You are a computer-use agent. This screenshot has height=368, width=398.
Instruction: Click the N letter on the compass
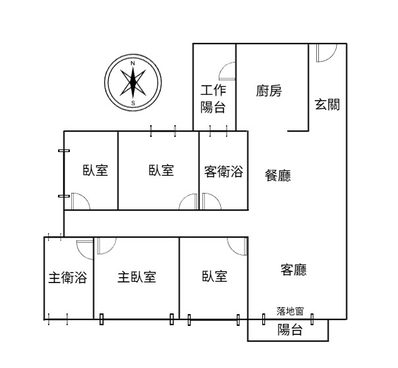click(132, 63)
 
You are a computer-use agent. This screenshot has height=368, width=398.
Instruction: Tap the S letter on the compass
click(133, 103)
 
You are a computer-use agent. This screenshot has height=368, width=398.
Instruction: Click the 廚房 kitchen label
click(269, 91)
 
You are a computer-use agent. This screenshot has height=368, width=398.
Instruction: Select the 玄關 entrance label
click(327, 104)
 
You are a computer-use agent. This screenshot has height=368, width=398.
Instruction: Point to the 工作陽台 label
click(213, 99)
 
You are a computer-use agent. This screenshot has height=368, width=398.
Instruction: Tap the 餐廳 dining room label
click(277, 175)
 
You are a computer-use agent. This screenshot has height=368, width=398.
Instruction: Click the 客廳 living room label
click(294, 270)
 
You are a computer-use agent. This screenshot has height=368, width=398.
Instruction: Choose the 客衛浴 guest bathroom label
click(223, 171)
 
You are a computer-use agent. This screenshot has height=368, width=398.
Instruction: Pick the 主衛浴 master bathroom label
click(68, 277)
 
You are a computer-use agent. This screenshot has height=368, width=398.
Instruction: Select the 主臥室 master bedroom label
click(137, 276)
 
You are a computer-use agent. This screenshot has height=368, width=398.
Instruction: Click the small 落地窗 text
click(290, 311)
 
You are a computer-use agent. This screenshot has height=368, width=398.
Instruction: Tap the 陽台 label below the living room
click(290, 330)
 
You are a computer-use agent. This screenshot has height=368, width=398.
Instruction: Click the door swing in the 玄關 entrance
click(327, 53)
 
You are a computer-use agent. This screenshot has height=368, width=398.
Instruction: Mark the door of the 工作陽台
click(227, 71)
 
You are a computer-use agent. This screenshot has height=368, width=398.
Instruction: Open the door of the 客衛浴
click(212, 201)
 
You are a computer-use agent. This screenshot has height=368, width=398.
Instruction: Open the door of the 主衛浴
click(85, 250)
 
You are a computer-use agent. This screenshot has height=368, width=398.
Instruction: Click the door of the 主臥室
click(107, 246)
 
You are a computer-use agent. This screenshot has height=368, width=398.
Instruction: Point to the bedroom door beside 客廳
click(237, 246)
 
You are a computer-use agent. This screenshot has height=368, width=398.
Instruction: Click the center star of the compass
click(133, 83)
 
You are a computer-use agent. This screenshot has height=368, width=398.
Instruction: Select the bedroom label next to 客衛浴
click(161, 171)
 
